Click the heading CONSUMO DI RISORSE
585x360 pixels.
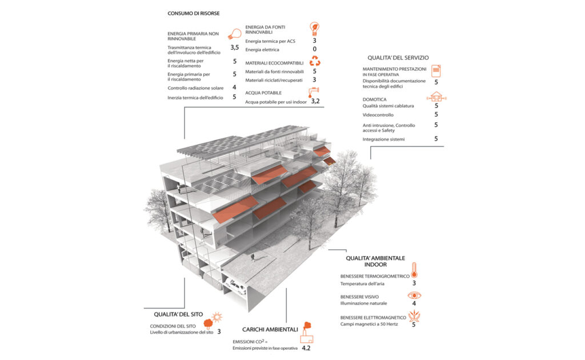coord(194,13)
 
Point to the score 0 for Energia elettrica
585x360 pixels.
coord(315,50)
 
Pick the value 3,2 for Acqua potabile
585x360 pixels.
coord(315,101)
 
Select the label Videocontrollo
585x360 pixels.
coord(378,115)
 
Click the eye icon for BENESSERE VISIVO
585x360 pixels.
coord(414,295)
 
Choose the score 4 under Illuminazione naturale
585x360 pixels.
coord(414,303)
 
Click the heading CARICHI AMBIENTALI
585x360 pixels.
coord(270,329)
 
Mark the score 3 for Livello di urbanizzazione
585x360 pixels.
coord(219,331)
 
